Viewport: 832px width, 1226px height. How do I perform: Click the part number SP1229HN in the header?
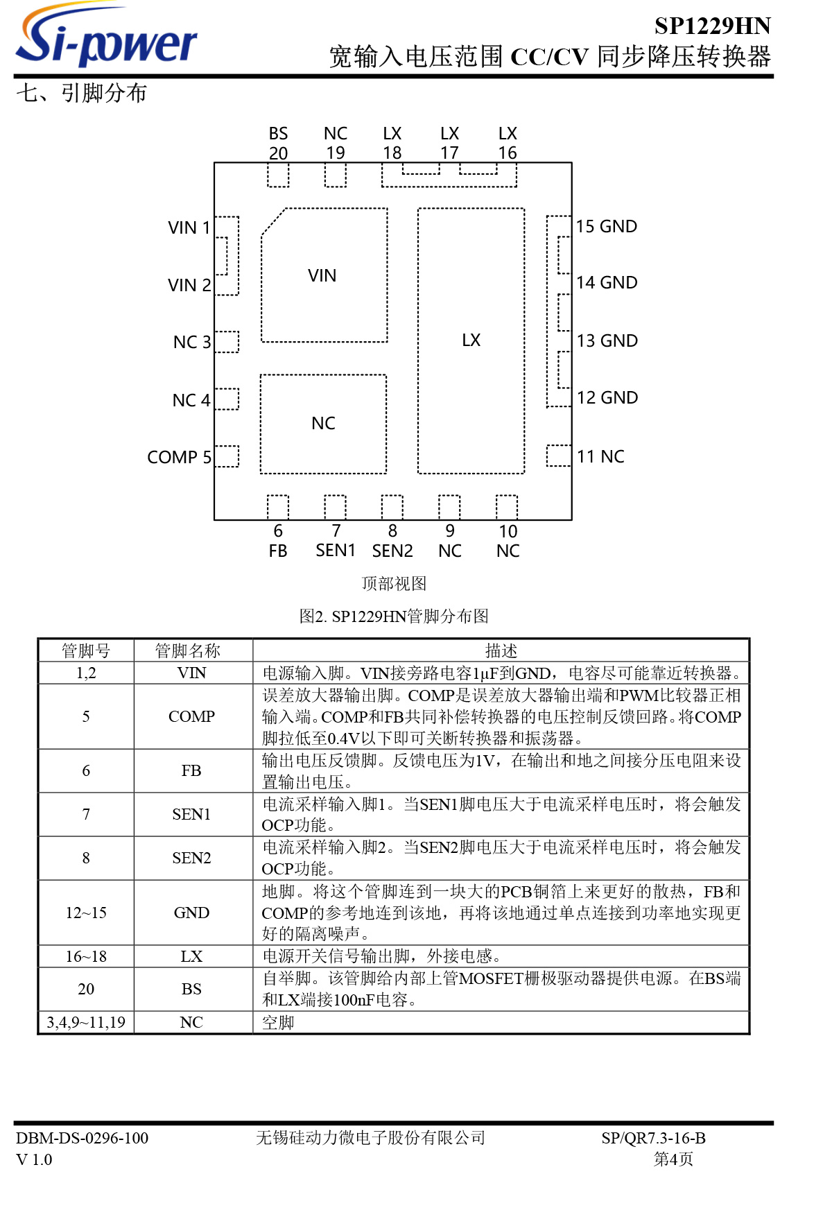(x=712, y=26)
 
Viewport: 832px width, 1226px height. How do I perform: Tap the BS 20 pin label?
(x=278, y=144)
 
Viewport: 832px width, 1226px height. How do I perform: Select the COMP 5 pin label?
(x=179, y=457)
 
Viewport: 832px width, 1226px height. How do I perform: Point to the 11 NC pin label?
(x=600, y=456)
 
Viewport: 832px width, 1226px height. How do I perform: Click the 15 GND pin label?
(x=606, y=227)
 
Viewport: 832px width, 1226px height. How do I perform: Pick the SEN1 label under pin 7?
(x=336, y=551)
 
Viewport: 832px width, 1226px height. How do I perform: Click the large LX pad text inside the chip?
(x=471, y=340)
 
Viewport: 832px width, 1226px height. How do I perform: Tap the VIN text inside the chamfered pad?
(x=322, y=276)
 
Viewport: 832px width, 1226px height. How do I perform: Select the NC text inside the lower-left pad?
(x=323, y=423)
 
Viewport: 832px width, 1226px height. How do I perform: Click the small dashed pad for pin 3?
(x=227, y=342)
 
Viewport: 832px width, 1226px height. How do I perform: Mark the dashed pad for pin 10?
(x=507, y=507)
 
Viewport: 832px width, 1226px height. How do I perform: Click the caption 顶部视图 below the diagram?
(x=394, y=583)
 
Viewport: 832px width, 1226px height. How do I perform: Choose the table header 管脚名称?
(x=187, y=650)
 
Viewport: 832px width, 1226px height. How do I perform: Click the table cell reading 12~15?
(x=86, y=913)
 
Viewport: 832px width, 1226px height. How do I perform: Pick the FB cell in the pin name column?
(x=191, y=770)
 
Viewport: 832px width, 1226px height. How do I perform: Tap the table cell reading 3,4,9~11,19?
(x=86, y=1022)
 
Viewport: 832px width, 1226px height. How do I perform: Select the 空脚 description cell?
(x=278, y=1022)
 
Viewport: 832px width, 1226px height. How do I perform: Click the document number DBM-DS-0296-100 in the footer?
(x=83, y=1138)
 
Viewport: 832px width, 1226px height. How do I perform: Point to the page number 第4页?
(x=673, y=1159)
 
